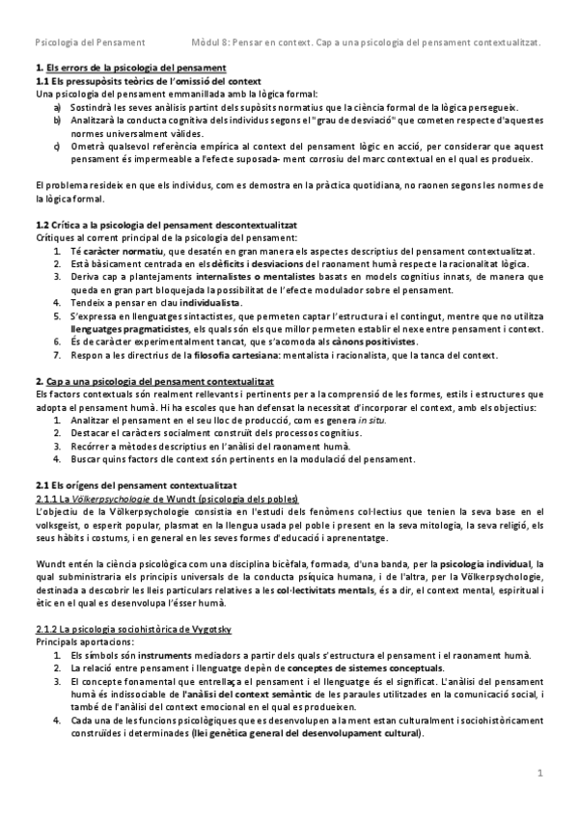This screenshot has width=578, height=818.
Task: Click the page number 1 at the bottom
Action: point(541,773)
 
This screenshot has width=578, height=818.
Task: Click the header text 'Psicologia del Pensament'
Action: point(90,42)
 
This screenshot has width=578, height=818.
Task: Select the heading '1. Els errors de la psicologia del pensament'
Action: point(130,68)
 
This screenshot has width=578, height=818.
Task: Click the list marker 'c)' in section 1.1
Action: point(58,146)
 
